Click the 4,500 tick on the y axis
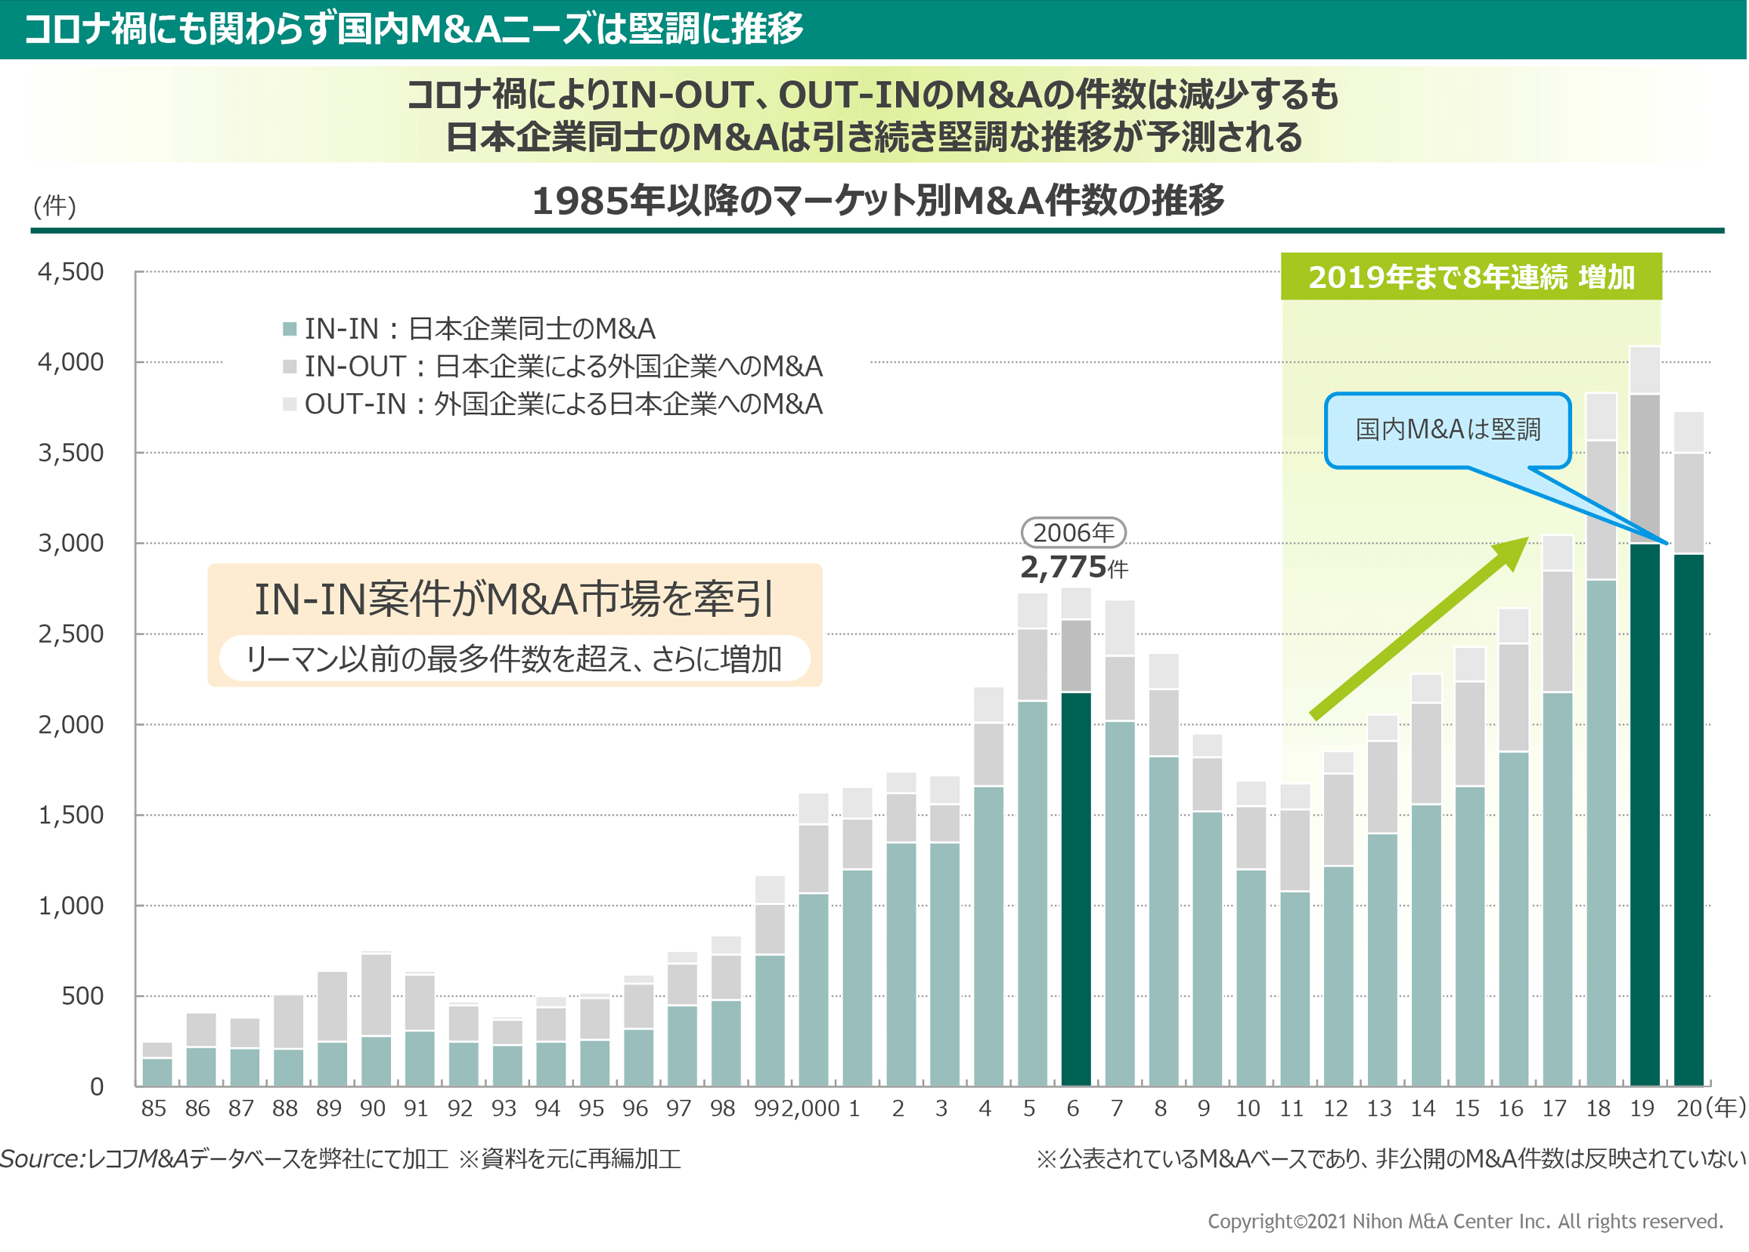point(71,272)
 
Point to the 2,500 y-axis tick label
point(71,634)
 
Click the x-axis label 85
point(154,1108)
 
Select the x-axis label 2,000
point(810,1108)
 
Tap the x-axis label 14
point(1422,1108)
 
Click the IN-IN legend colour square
point(290,329)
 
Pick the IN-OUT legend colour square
point(290,367)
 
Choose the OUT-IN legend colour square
point(290,404)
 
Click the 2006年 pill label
point(1073,533)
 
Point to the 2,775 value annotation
point(1064,568)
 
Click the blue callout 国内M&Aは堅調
point(1447,429)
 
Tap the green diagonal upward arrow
point(1419,628)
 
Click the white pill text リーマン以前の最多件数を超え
point(514,659)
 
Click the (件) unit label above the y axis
point(54,206)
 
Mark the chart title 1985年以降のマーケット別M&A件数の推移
point(877,200)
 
